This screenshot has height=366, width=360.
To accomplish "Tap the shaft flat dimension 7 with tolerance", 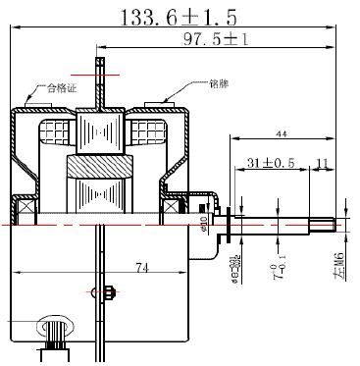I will click(x=276, y=268).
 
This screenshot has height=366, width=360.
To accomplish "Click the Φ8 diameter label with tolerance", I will click(x=235, y=264).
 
